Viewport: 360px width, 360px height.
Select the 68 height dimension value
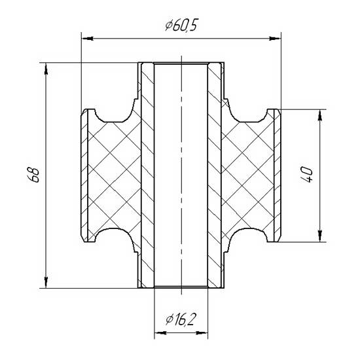point(35,175)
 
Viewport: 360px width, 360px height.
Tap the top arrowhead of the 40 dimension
point(319,115)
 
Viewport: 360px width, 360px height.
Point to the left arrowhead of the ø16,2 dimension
point(158,333)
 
